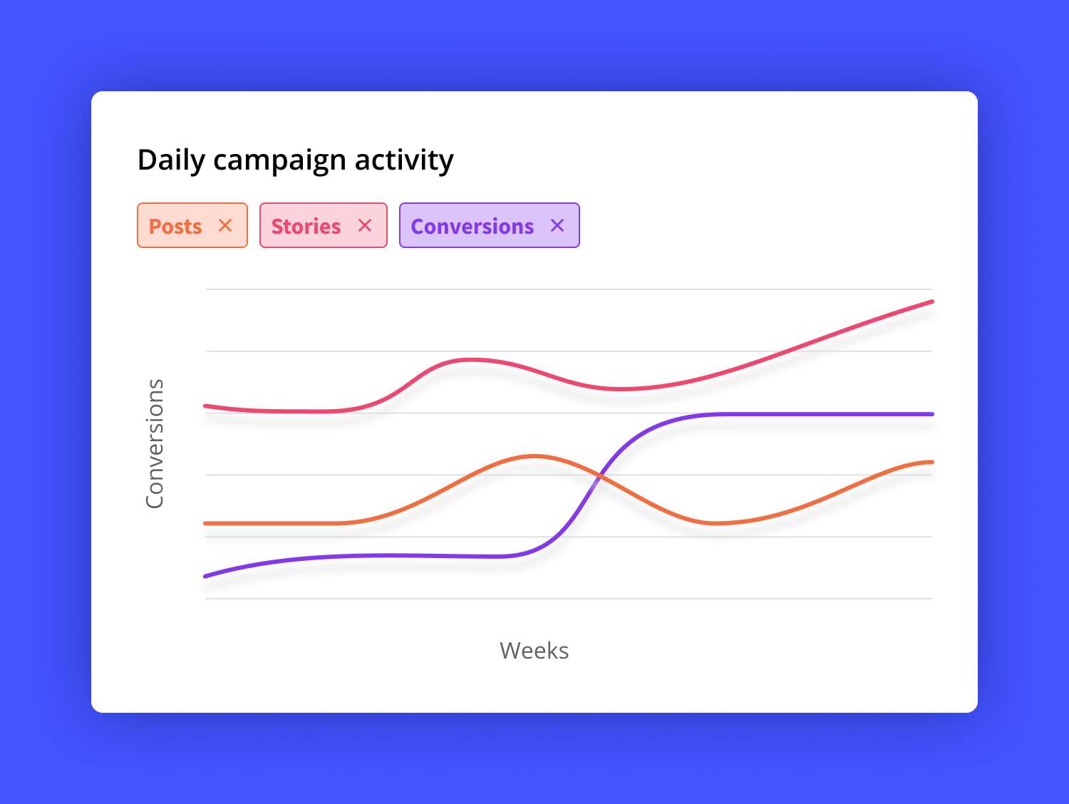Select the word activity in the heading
pyautogui.click(x=404, y=160)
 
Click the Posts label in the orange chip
pyautogui.click(x=175, y=227)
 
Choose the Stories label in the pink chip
pyautogui.click(x=306, y=227)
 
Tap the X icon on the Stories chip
pyautogui.click(x=365, y=225)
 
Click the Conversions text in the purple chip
pyautogui.click(x=472, y=227)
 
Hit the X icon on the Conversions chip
pyautogui.click(x=557, y=225)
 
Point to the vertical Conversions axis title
pyautogui.click(x=155, y=443)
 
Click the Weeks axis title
pyautogui.click(x=534, y=651)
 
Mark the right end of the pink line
pyautogui.click(x=931, y=301)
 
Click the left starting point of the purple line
pyautogui.click(x=206, y=576)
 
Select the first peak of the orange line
pyautogui.click(x=533, y=455)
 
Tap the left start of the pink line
pyautogui.click(x=206, y=406)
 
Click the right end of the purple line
pyautogui.click(x=931, y=414)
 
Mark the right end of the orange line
pyautogui.click(x=931, y=463)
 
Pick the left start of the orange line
pyautogui.click(x=206, y=523)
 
